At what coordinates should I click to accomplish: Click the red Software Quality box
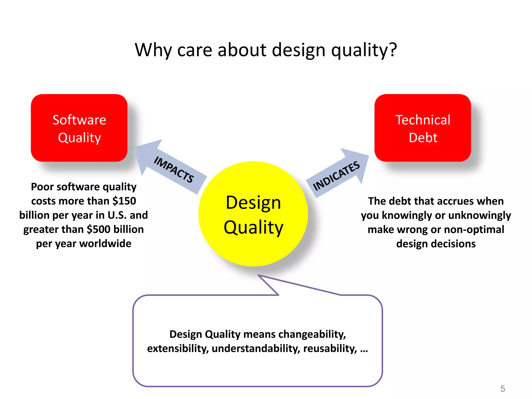tap(79, 128)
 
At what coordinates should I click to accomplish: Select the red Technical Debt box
tap(423, 128)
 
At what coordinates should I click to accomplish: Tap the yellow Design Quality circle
tap(253, 214)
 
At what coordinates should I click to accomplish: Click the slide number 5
tap(503, 389)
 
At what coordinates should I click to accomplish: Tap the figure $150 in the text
tap(124, 201)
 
